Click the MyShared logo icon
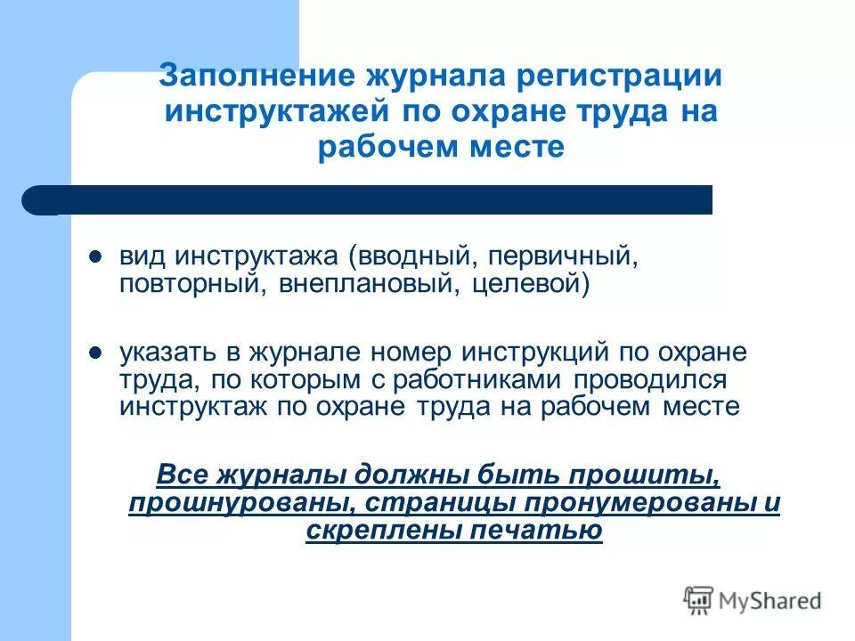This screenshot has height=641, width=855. click(x=699, y=600)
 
